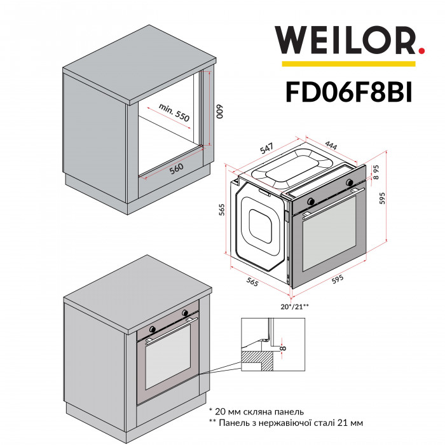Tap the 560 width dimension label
176,167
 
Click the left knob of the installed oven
153,329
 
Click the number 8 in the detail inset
282,347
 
